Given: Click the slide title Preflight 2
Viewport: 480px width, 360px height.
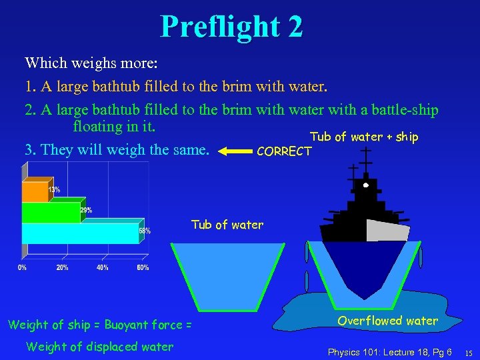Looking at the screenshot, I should [x=231, y=27].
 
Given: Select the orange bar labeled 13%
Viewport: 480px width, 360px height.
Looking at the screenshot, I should [x=37, y=191].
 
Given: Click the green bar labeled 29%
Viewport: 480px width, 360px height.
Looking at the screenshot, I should [x=52, y=212].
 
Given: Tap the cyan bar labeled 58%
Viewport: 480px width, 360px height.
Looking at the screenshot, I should [x=80, y=233].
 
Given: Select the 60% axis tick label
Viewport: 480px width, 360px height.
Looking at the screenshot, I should [x=143, y=268].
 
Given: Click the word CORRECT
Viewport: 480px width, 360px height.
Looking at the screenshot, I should [x=283, y=151].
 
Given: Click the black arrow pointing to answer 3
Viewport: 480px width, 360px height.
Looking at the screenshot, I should [x=233, y=151].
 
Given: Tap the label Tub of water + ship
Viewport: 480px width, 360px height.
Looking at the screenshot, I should [x=364, y=137].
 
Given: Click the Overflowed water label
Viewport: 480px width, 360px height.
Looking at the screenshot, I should [x=387, y=321].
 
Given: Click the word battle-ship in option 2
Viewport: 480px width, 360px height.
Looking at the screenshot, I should [x=405, y=109].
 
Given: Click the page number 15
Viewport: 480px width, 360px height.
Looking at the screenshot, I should [x=469, y=352].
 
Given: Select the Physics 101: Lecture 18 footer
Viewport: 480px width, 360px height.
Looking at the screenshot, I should [x=389, y=351].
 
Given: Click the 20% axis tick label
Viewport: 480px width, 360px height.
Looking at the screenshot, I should [x=62, y=268].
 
